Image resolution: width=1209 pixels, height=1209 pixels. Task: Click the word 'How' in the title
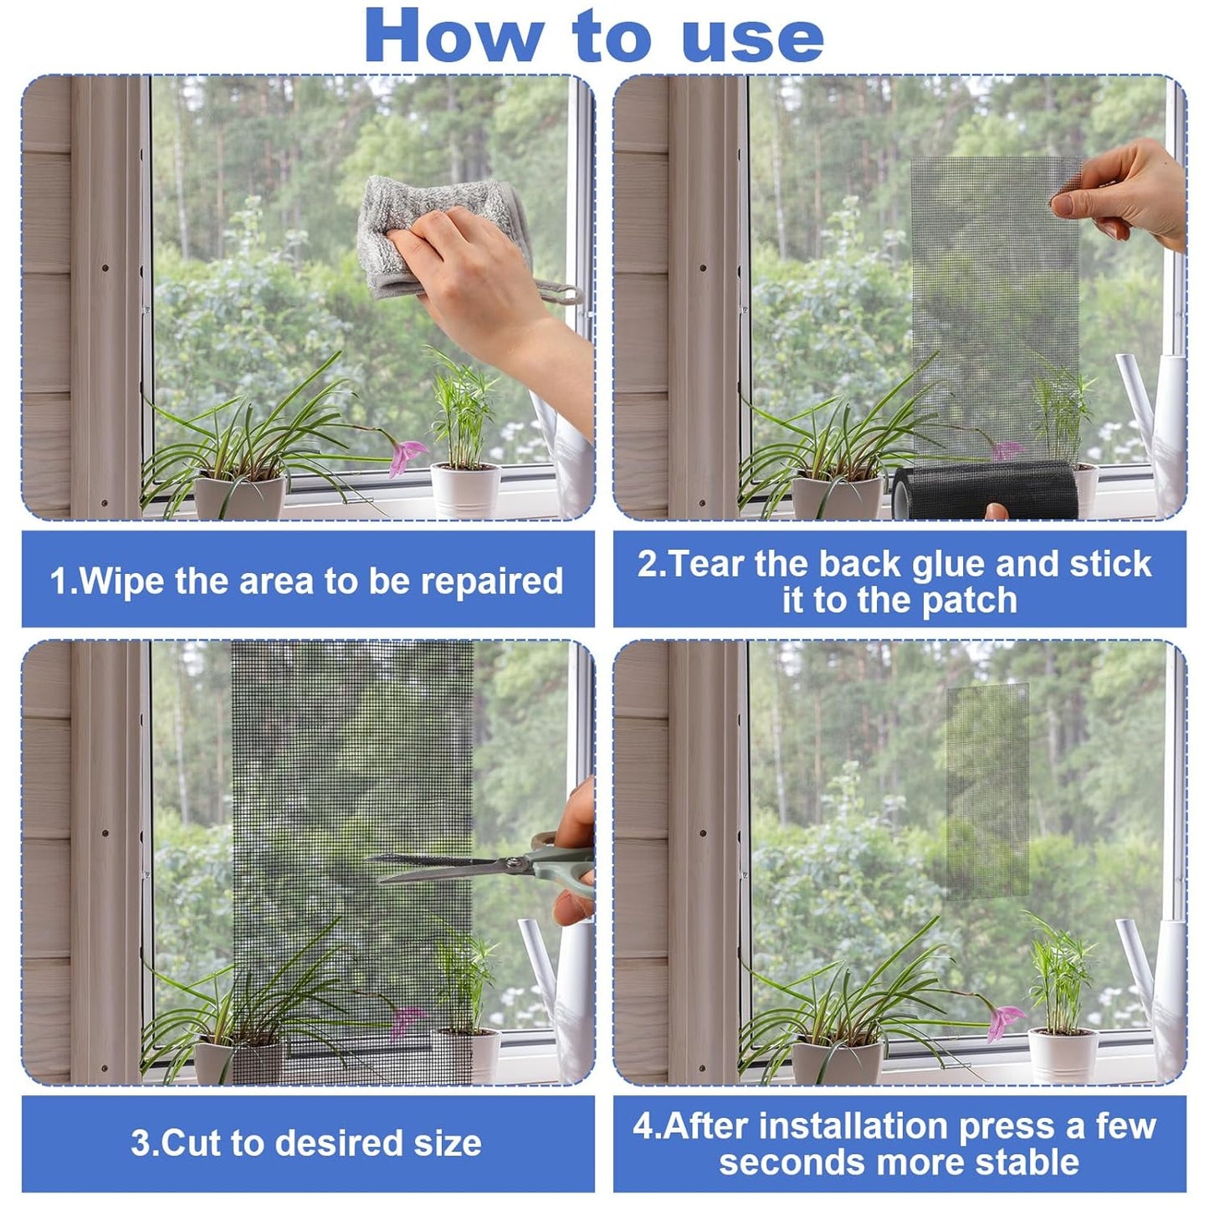pyautogui.click(x=453, y=37)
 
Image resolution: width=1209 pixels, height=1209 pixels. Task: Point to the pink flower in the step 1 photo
pyautogui.click(x=407, y=455)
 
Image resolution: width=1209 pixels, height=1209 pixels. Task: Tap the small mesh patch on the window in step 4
pyautogui.click(x=987, y=791)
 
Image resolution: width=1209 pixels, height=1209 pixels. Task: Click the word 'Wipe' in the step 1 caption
pyautogui.click(x=124, y=581)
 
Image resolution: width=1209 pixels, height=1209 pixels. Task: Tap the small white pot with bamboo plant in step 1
pyautogui.click(x=466, y=489)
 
